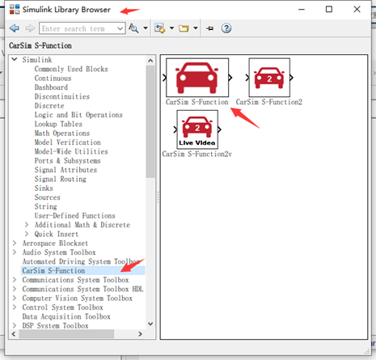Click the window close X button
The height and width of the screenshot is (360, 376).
tap(357, 10)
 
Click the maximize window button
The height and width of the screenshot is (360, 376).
tap(329, 10)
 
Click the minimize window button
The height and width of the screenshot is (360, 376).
tap(302, 10)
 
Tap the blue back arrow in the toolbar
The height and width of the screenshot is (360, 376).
tap(15, 28)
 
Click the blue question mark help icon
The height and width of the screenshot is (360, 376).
tap(226, 28)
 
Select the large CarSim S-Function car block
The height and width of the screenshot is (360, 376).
tap(197, 78)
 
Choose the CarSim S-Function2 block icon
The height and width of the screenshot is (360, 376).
tap(269, 78)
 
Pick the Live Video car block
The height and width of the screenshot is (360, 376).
tap(197, 129)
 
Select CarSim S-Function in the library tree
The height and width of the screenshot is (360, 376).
tap(53, 270)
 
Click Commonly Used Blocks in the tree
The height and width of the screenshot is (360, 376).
tap(71, 69)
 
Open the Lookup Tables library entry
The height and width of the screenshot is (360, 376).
tap(58, 124)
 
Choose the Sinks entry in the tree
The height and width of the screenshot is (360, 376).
tap(44, 188)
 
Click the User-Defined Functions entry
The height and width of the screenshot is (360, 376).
tap(75, 216)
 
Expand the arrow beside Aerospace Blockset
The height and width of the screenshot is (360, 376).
tap(15, 244)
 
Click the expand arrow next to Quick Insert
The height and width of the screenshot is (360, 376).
tap(27, 234)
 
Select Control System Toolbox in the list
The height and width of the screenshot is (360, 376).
tap(62, 307)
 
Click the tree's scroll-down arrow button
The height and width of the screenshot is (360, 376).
tap(150, 324)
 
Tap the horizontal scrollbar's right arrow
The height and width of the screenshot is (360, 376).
tap(140, 334)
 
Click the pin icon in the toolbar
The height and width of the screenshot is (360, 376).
tap(209, 28)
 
